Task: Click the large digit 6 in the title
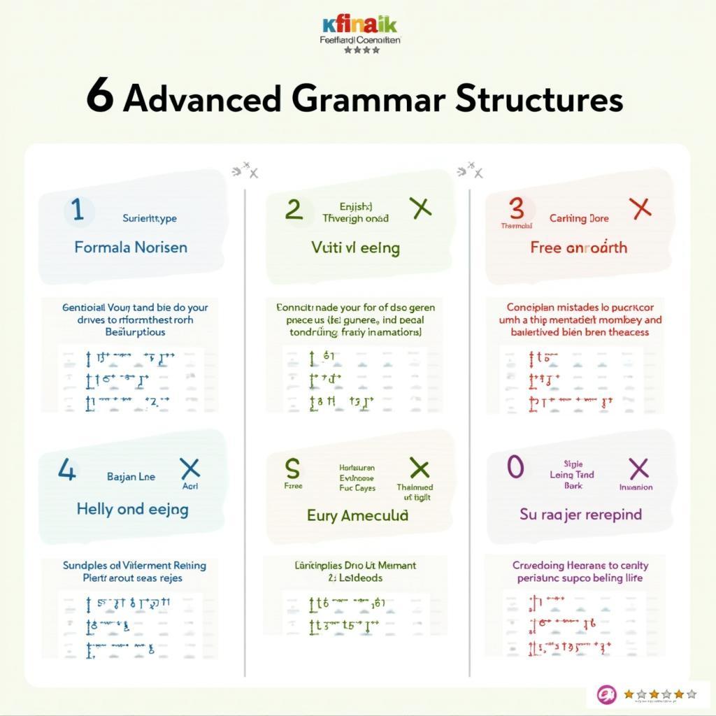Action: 100,98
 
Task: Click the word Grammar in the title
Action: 368,99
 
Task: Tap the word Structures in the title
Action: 538,99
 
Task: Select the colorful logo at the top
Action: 360,26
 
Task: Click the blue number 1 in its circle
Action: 78,210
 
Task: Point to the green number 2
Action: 294,209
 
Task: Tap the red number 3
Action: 516,208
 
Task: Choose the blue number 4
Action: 66,471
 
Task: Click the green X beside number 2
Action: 420,207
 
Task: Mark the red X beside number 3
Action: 640,208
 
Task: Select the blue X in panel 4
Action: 190,468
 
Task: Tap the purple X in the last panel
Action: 638,468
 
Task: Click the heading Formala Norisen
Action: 131,247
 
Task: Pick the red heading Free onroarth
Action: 578,248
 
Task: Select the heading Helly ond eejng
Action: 132,509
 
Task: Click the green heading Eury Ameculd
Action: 357,515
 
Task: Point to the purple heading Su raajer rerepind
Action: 580,515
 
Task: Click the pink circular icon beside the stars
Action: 604,694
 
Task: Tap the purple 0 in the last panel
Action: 515,468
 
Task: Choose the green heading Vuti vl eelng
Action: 355,247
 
